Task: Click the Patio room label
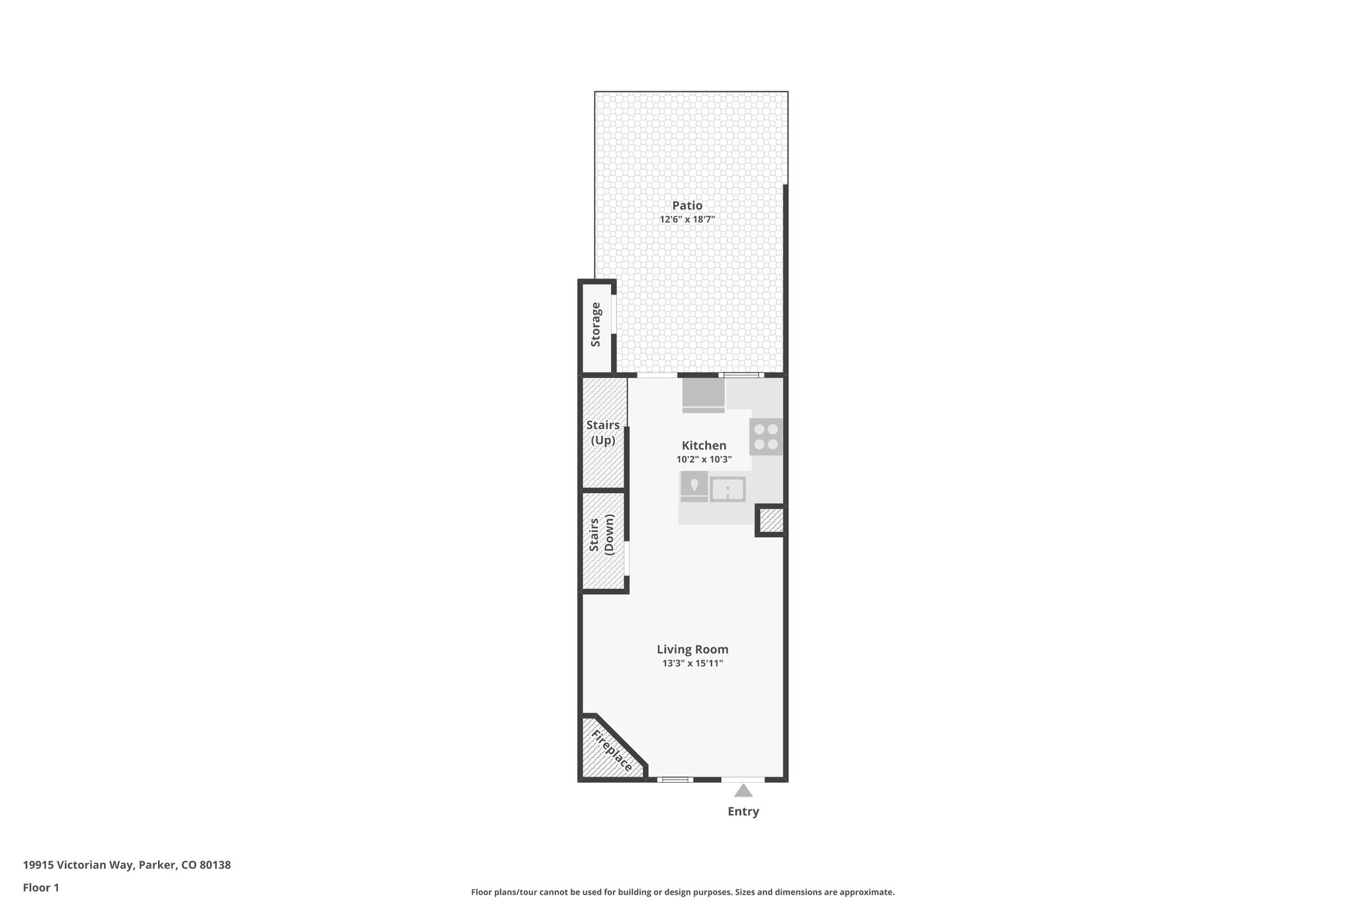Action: click(687, 205)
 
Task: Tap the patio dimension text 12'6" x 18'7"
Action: click(687, 219)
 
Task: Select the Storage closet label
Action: click(596, 325)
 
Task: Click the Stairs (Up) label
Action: click(603, 433)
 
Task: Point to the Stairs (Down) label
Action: click(602, 535)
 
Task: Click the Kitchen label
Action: click(704, 445)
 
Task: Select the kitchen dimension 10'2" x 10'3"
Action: click(704, 459)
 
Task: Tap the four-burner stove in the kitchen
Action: click(766, 437)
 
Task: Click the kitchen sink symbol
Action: click(727, 489)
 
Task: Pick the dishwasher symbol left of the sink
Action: click(694, 486)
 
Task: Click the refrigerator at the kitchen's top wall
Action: click(703, 396)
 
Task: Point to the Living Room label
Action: click(692, 649)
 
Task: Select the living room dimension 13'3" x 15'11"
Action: click(692, 663)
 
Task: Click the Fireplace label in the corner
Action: click(612, 751)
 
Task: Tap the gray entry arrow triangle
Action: click(743, 791)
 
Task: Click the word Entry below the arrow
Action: click(743, 811)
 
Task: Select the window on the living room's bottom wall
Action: click(674, 779)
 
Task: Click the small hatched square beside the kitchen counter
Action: click(771, 521)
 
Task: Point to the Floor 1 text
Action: click(41, 887)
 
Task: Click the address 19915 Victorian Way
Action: click(127, 865)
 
